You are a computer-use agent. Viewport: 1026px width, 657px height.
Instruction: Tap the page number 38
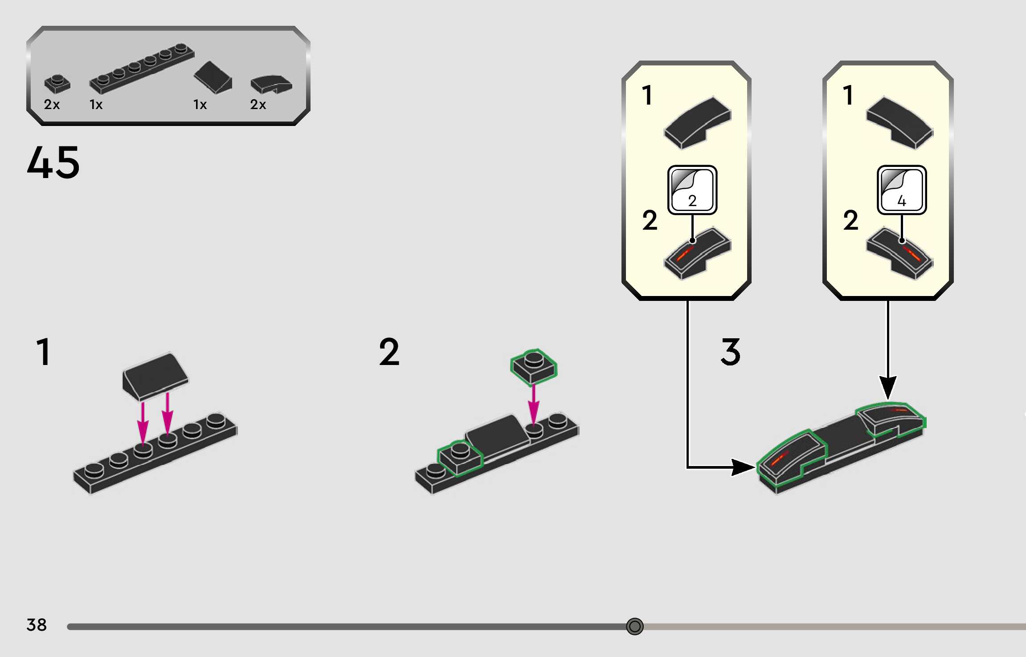(x=37, y=625)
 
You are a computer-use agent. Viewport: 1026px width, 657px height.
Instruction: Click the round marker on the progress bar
(x=634, y=626)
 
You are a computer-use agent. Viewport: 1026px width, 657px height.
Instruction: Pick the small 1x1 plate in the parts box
(x=57, y=84)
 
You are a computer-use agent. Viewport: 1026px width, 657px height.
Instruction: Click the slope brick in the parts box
(x=213, y=78)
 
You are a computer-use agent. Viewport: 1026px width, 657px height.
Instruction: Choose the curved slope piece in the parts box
(x=271, y=84)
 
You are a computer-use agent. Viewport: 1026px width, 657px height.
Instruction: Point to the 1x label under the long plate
(x=96, y=105)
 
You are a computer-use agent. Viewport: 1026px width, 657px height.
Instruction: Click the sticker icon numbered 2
(x=692, y=190)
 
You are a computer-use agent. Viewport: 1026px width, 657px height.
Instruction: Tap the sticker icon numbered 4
(x=902, y=190)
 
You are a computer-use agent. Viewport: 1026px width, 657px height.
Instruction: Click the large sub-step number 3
(x=731, y=352)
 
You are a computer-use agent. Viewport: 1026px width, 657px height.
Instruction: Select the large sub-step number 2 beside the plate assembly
(x=389, y=352)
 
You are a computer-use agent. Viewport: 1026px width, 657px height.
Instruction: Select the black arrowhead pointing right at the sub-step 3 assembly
(x=743, y=467)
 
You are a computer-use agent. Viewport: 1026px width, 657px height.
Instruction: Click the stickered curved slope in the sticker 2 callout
(x=697, y=254)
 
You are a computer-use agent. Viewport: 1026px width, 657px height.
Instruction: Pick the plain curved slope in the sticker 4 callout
(x=899, y=122)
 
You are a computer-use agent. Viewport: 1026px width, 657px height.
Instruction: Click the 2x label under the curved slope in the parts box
(x=258, y=105)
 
